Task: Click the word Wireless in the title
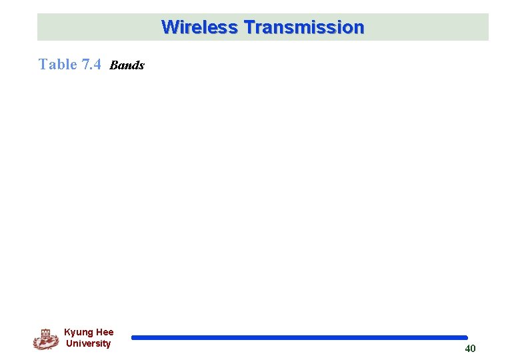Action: [x=199, y=27]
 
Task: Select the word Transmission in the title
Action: [x=304, y=27]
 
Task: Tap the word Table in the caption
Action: [x=58, y=64]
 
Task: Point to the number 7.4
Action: [x=91, y=64]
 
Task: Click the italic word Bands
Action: [x=127, y=65]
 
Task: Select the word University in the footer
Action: [x=88, y=343]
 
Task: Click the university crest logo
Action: [x=45, y=339]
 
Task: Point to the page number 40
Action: [x=470, y=349]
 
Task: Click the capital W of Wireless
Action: [x=169, y=27]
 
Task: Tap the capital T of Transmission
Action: [x=249, y=27]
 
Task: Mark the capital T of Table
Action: [x=43, y=64]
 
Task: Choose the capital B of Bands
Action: [x=113, y=65]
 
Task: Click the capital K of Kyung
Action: [x=67, y=332]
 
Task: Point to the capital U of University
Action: [x=69, y=343]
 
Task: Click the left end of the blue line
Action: [x=133, y=337]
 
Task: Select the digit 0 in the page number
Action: [x=473, y=349]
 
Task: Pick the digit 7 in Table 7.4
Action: [x=85, y=64]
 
